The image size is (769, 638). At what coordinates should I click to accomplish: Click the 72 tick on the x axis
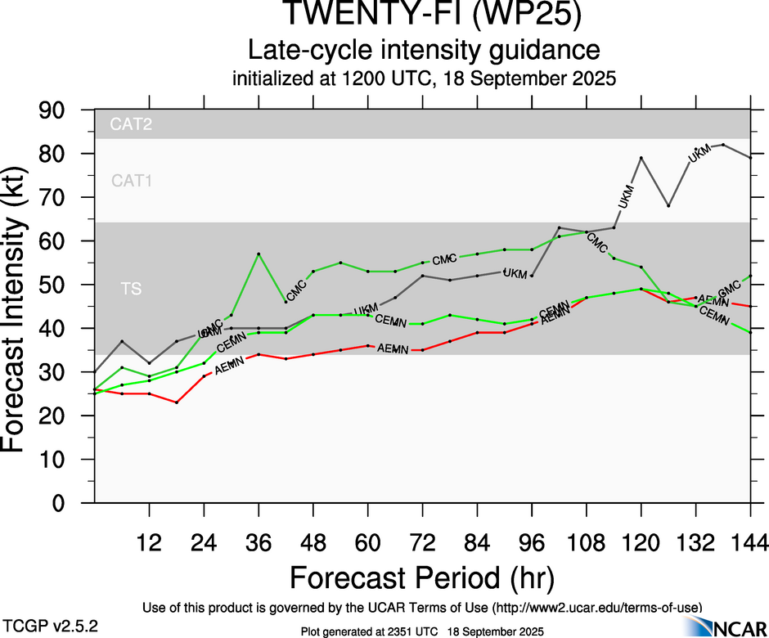422,541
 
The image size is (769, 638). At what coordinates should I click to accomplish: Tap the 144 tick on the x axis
750,541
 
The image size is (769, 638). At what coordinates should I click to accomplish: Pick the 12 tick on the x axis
149,541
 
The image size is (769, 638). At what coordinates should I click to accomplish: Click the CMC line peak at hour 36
259,254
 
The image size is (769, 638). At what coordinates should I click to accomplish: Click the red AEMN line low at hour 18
177,402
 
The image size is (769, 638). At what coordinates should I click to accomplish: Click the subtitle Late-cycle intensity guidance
423,50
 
